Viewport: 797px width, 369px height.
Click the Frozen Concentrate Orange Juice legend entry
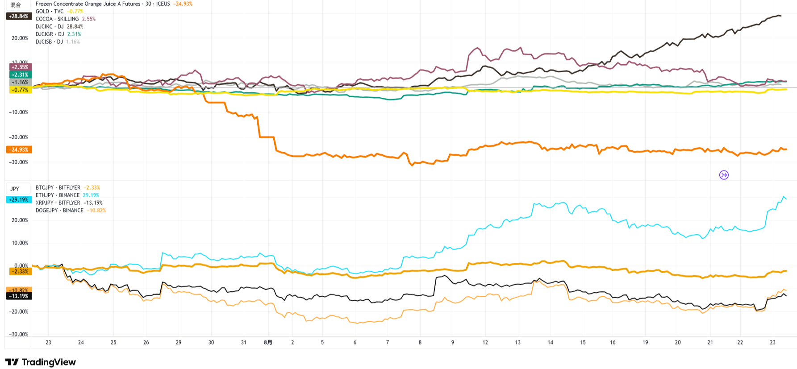pyautogui.click(x=88, y=4)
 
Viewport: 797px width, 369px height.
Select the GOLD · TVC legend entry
pyautogui.click(x=49, y=12)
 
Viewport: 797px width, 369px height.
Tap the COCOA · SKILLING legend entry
pyautogui.click(x=57, y=19)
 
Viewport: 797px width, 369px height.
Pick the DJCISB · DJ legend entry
pyautogui.click(x=49, y=42)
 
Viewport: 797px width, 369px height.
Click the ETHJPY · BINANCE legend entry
pyautogui.click(x=57, y=195)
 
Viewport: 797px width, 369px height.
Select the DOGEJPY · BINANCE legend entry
pyautogui.click(x=59, y=211)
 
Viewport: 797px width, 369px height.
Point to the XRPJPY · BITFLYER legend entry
pyautogui.click(x=58, y=203)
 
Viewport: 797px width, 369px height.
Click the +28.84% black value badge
pyautogui.click(x=19, y=17)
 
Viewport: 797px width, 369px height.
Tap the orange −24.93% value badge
pyautogui.click(x=19, y=150)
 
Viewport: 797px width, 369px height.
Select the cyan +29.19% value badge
pyautogui.click(x=19, y=200)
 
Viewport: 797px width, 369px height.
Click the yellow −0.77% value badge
pyautogui.click(x=20, y=90)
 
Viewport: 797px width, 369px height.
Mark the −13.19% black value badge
pyautogui.click(x=19, y=296)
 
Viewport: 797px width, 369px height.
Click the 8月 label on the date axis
pyautogui.click(x=268, y=343)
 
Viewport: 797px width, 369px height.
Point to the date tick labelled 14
pyautogui.click(x=550, y=343)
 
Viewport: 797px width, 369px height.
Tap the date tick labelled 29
pyautogui.click(x=179, y=343)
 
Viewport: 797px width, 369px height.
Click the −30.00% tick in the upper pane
pyautogui.click(x=19, y=162)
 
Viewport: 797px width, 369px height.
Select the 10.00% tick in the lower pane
pyautogui.click(x=20, y=243)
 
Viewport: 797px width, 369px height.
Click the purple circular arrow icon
pyautogui.click(x=724, y=175)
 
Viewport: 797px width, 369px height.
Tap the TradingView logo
pyautogui.click(x=41, y=362)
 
